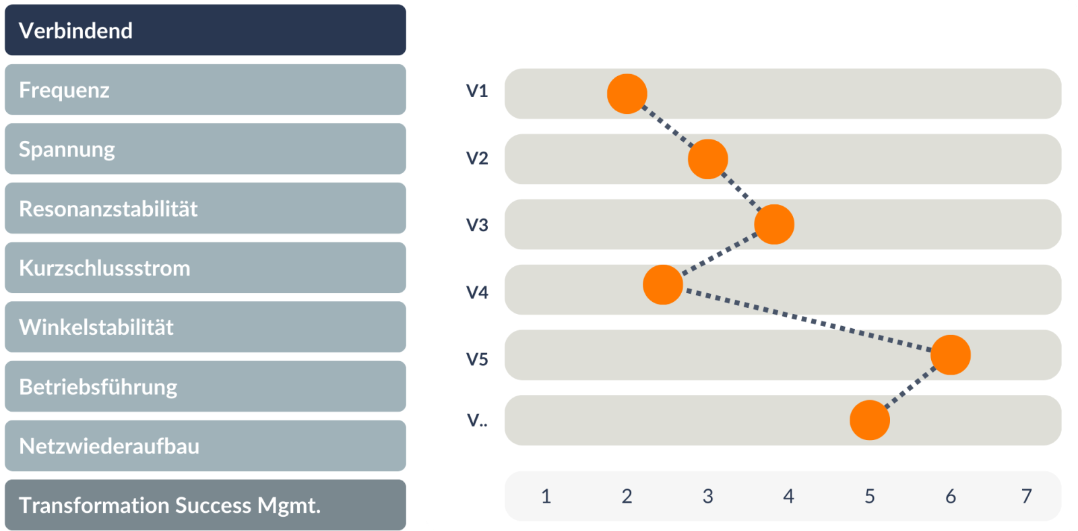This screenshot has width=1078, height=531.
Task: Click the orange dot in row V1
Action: coord(627,94)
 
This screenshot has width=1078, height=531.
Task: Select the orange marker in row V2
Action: coord(707,159)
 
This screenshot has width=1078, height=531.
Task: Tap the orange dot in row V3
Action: coord(774,224)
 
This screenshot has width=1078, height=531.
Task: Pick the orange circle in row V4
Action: coord(663,285)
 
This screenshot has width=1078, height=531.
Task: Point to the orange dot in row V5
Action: coord(951,355)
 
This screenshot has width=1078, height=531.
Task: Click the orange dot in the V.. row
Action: coord(870,420)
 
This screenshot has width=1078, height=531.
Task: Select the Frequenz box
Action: coord(205,90)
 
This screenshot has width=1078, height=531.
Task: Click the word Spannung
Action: coord(67,150)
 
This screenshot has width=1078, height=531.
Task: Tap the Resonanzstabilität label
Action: coord(108,209)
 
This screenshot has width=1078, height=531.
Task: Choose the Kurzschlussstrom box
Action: coord(205,268)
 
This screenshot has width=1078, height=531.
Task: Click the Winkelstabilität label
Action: coord(96,327)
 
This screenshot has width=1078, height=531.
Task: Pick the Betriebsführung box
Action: coord(205,387)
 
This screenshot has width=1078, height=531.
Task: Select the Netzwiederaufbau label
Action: coord(109,446)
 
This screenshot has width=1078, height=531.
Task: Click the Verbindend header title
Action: coord(75,31)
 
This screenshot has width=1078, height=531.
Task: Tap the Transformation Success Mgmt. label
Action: coord(170,505)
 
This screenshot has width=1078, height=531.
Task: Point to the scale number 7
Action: coord(1027,496)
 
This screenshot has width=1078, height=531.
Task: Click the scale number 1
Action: coord(546,496)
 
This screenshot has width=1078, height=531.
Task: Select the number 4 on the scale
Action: coord(788,496)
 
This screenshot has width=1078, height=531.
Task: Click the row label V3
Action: coord(477,225)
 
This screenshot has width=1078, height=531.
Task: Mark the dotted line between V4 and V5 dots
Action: coord(806,319)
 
